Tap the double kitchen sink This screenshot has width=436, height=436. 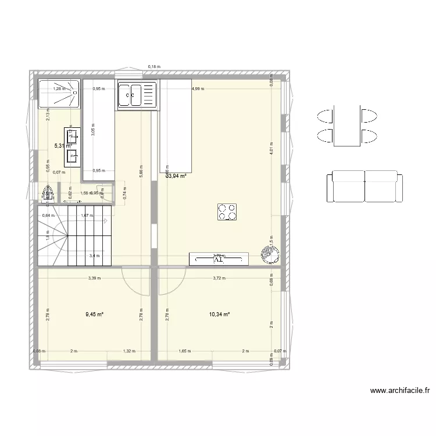tap(137, 94)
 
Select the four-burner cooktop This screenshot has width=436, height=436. tap(227, 212)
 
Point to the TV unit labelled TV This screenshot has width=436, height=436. tap(219, 258)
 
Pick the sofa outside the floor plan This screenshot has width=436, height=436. tap(364, 186)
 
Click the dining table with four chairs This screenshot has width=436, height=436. tap(346, 126)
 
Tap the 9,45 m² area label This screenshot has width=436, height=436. tap(94, 315)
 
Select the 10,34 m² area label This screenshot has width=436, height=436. tap(220, 315)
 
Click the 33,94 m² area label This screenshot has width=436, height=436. tap(176, 176)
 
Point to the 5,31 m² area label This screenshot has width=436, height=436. tap(63, 146)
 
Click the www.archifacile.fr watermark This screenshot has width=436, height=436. tap(399, 391)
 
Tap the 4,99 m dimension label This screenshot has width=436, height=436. tap(199, 89)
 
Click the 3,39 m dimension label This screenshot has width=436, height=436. tap(94, 278)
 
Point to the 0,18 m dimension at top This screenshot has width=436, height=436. tap(154, 67)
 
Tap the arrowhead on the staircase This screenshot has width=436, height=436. tap(106, 221)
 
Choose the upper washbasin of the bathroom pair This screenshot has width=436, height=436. tap(73, 137)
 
